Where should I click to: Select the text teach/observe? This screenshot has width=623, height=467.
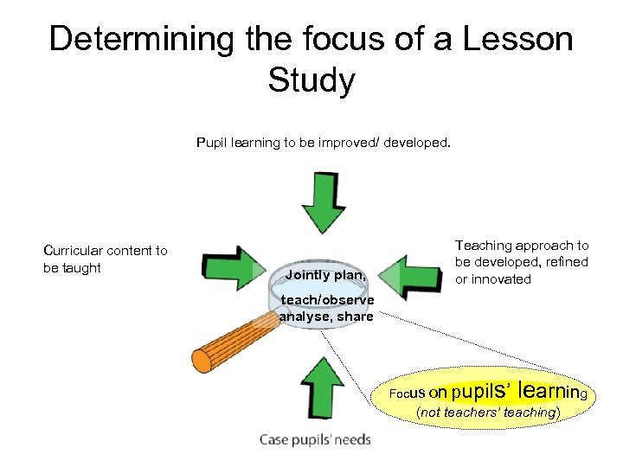click(328, 300)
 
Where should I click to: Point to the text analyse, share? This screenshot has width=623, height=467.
click(326, 317)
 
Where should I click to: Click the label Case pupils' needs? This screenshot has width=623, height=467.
click(315, 439)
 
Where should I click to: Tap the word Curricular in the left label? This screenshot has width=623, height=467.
click(74, 251)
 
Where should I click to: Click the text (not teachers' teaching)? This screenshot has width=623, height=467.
click(488, 413)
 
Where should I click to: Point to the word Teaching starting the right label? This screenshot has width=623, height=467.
click(484, 246)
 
